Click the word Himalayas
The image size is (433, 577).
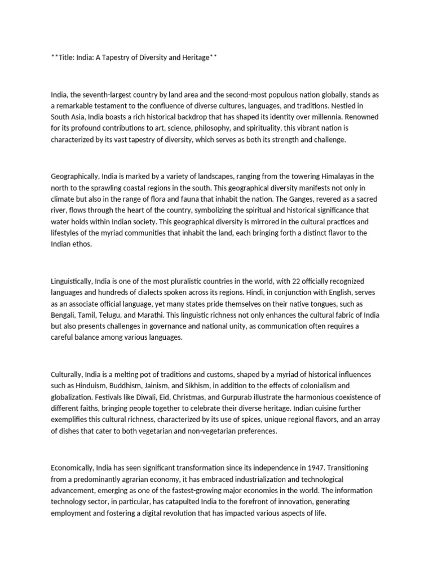[x=333, y=176]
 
